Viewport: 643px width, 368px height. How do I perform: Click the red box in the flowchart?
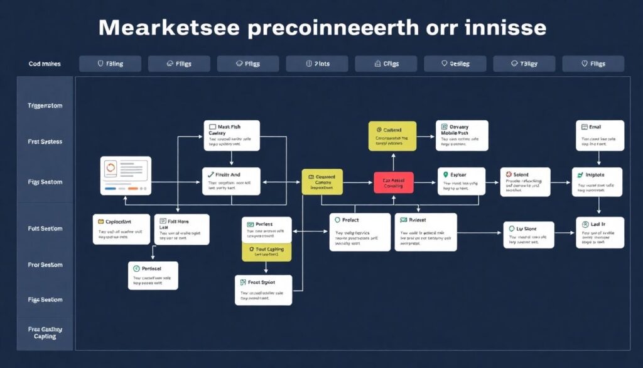(394, 182)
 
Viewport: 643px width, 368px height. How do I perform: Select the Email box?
(600, 135)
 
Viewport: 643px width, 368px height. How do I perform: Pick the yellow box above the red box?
(392, 137)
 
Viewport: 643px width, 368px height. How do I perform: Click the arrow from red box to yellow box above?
(393, 162)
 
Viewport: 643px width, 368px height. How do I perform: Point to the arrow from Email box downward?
(600, 159)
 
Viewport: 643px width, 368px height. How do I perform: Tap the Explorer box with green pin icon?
(461, 182)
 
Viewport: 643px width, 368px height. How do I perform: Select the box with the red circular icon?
(525, 182)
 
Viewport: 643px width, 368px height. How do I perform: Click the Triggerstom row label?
(45, 106)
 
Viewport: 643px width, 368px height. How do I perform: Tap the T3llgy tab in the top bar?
(524, 64)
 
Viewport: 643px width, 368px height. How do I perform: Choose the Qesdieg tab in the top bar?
(455, 64)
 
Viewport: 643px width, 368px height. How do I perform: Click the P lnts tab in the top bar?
(316, 64)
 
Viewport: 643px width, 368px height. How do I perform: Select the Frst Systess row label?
(45, 142)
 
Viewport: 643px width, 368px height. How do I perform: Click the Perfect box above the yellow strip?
(266, 230)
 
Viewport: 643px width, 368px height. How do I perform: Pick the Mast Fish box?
(231, 135)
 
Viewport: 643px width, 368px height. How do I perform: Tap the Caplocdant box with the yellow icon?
(121, 229)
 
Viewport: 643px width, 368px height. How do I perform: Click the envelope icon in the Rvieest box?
(403, 220)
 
